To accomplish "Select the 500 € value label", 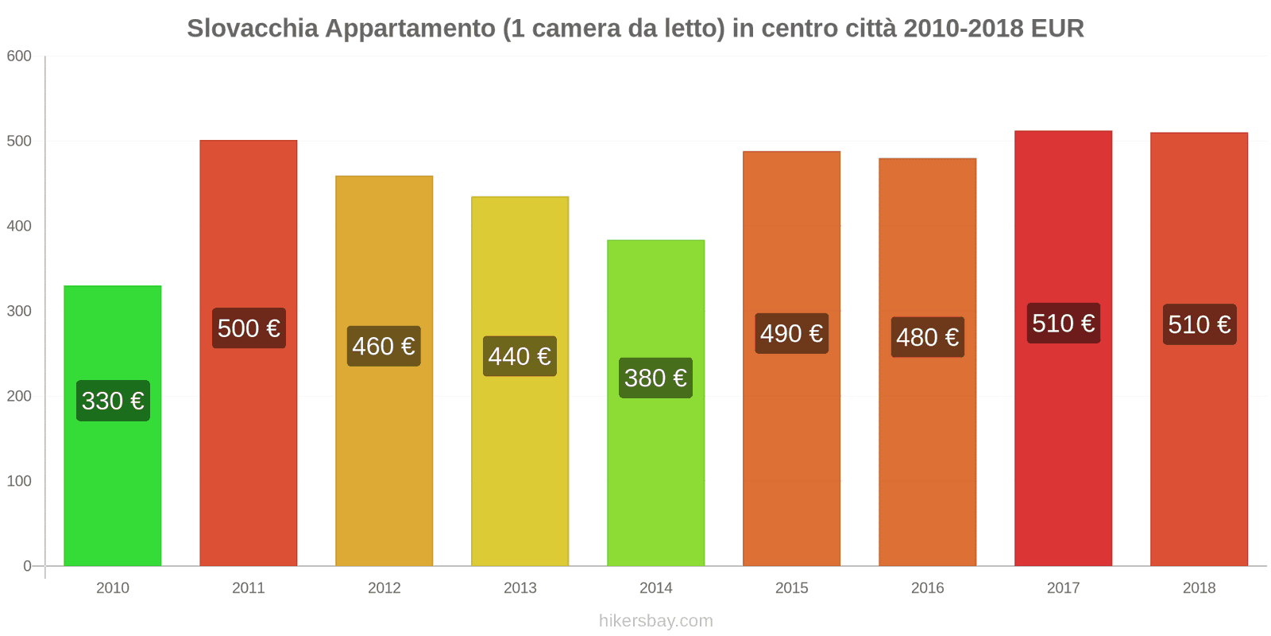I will click(249, 328).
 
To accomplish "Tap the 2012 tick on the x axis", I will click(384, 588).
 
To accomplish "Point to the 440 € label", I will click(520, 356).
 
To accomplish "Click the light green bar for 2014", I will click(655, 477).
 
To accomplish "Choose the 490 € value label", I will click(791, 333).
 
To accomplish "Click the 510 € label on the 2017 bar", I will click(1063, 323).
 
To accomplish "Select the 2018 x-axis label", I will click(1199, 588).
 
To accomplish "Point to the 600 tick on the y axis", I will click(19, 56).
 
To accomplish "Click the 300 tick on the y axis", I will click(19, 311).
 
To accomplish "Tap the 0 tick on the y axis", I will click(27, 566).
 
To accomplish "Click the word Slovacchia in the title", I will click(252, 29).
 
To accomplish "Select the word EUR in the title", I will click(1057, 29).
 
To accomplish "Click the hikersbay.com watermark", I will click(655, 621).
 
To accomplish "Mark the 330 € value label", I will click(113, 401).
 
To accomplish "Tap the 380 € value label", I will click(655, 378).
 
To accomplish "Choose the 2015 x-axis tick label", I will click(791, 588).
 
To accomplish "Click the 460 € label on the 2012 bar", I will click(384, 346).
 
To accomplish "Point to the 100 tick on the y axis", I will click(19, 481).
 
